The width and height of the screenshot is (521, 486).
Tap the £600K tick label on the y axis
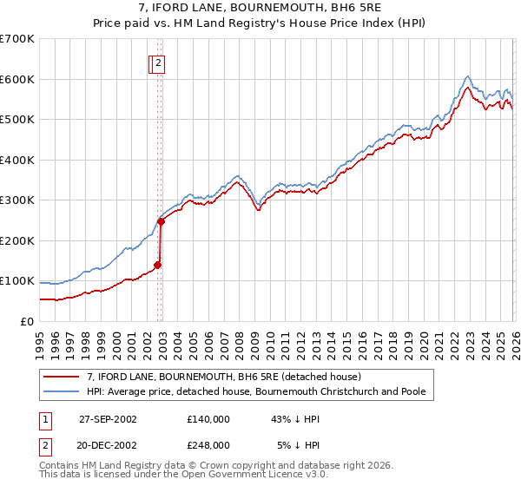(x=17, y=79)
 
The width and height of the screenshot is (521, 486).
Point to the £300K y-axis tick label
(x=17, y=200)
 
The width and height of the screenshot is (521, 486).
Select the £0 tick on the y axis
(x=26, y=322)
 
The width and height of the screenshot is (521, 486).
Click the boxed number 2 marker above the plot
(x=160, y=62)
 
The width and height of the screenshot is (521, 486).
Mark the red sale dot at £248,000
(x=162, y=221)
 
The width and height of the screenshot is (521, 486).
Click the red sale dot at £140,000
(x=158, y=265)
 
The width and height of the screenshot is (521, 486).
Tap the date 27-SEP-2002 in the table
(x=108, y=418)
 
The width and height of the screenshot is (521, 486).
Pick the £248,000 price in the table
(x=208, y=444)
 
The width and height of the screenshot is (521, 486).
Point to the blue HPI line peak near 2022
(x=467, y=76)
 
